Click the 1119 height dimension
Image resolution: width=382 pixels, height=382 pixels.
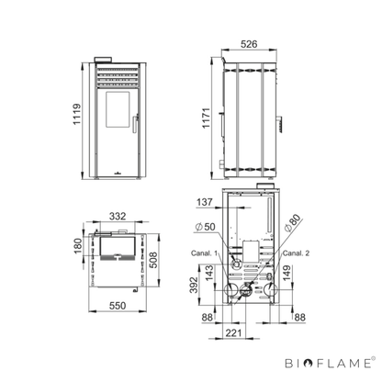(77, 114)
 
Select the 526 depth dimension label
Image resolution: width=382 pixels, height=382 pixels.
(249, 44)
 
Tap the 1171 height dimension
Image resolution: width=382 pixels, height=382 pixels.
(206, 118)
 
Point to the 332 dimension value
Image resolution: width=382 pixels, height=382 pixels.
(118, 216)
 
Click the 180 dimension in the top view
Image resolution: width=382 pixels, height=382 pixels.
(78, 246)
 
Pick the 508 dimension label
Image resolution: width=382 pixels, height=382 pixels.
(153, 260)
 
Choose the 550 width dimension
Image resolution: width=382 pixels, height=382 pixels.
(118, 306)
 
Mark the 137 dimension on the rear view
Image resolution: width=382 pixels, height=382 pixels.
(205, 202)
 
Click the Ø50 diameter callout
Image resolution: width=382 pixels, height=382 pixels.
(205, 227)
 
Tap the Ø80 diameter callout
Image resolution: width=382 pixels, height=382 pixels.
(292, 223)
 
